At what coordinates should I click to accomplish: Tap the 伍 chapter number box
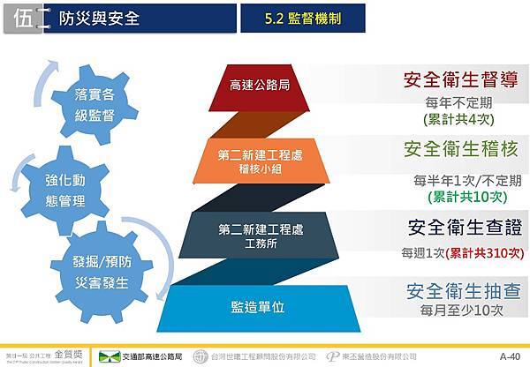tap(25, 19)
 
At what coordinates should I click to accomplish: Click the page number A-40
tap(510, 356)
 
